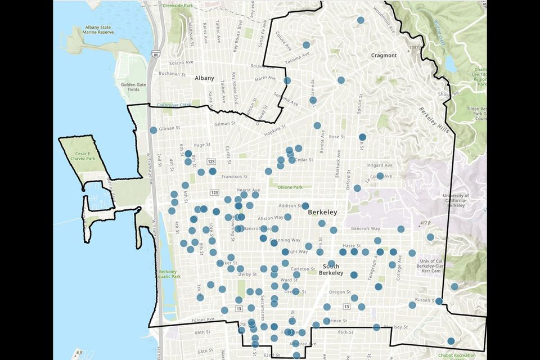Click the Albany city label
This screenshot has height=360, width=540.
click(205, 78)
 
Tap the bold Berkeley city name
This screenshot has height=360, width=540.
click(322, 212)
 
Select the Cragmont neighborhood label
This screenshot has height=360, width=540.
click(384, 56)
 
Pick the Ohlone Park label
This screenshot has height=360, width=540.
click(290, 187)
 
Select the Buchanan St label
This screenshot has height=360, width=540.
click(172, 74)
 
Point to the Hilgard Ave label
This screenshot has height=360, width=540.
click(380, 165)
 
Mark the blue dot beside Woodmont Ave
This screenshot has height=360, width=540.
click(361, 20)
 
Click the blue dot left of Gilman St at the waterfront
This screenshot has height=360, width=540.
click(154, 130)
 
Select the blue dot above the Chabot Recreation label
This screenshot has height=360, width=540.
click(451, 341)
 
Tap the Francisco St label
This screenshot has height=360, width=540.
click(234, 176)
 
